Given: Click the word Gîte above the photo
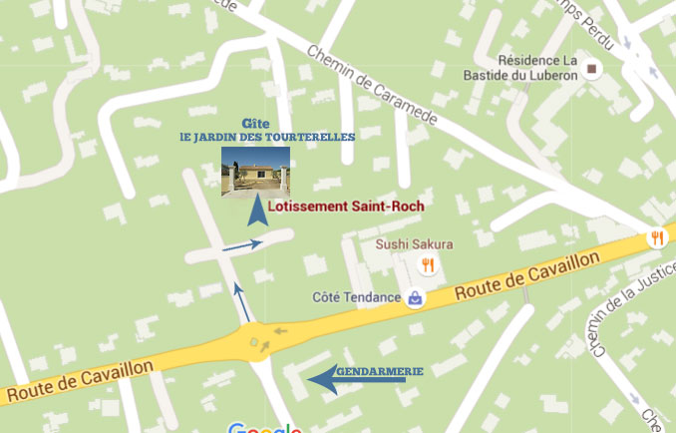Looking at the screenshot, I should click(x=255, y=124).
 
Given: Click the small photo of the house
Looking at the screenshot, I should click(x=255, y=172).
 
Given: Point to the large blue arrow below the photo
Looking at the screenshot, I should click(x=258, y=210).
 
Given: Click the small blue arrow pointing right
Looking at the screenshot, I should click(x=243, y=243).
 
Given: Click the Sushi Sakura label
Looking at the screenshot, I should click(x=414, y=243).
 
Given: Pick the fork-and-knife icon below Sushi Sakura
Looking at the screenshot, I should click(x=428, y=264).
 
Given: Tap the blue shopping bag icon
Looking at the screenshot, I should click(x=415, y=297).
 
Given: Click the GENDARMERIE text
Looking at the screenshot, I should click(x=380, y=371).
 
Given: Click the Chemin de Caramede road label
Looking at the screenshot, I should click(x=373, y=88).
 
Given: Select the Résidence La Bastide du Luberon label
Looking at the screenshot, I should click(x=520, y=67).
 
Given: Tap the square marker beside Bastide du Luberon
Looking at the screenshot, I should click(x=594, y=69).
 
